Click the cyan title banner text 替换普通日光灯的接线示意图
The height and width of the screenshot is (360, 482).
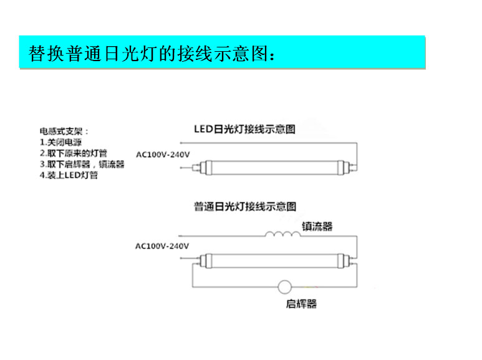tap(152, 54)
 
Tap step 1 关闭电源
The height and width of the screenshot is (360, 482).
tap(60, 142)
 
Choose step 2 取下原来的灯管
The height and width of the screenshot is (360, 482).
tap(74, 153)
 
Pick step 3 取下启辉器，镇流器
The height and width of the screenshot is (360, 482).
tap(82, 164)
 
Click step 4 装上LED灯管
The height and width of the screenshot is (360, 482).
tap(69, 175)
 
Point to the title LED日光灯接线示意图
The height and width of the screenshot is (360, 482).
tap(244, 129)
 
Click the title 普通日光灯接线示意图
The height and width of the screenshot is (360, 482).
tap(245, 207)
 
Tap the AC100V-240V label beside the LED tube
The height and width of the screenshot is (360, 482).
tap(163, 155)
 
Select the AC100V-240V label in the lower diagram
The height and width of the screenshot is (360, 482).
tap(162, 246)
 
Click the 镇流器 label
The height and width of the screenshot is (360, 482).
tap(317, 226)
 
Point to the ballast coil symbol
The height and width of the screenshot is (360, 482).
tap(283, 234)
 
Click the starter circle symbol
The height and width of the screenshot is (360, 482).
tap(285, 287)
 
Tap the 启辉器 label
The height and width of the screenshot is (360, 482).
tap(301, 304)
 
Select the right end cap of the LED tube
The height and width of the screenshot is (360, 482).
tap(341, 168)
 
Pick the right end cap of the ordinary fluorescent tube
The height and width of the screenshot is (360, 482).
tap(341, 261)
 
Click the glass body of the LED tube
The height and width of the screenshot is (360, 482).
tap(275, 168)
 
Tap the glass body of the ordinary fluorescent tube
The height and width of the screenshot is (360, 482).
tap(275, 261)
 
